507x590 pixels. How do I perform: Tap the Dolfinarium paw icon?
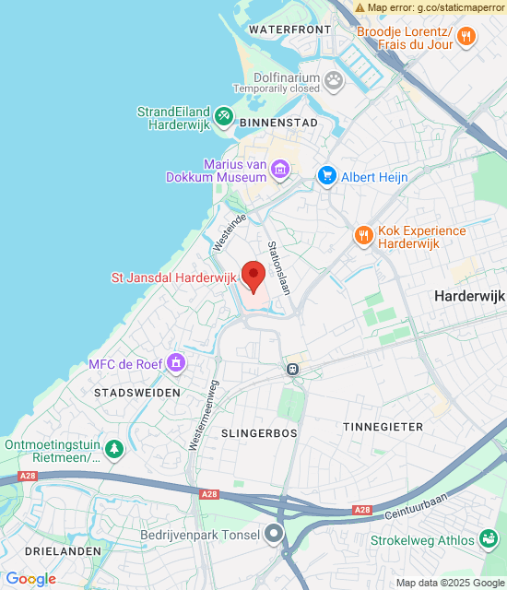click(x=333, y=82)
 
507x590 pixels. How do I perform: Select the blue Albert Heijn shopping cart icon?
click(x=326, y=175)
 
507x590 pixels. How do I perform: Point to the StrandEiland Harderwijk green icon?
click(x=223, y=115)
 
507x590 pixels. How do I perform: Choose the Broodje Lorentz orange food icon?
click(x=467, y=37)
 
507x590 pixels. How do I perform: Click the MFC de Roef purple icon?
click(x=177, y=363)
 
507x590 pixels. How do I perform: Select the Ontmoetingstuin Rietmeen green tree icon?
click(x=113, y=450)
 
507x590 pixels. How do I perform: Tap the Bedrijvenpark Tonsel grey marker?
click(x=274, y=534)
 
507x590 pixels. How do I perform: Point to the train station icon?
click(x=292, y=368)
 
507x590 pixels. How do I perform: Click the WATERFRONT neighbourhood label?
click(x=289, y=29)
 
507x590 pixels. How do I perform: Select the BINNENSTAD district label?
click(x=278, y=122)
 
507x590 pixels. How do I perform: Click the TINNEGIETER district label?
click(x=383, y=427)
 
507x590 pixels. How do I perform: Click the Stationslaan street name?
click(x=278, y=267)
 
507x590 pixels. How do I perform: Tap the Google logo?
click(x=31, y=579)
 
